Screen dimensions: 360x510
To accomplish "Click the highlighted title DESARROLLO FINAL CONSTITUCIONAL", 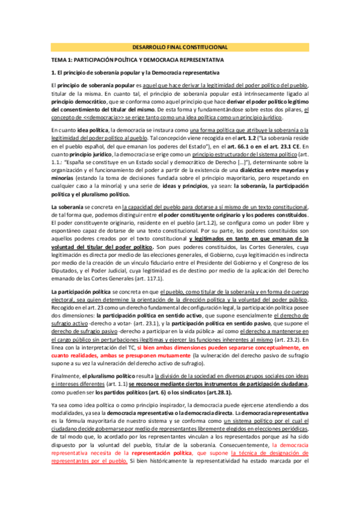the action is (180, 46).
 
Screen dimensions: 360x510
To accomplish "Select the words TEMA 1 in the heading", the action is (61, 60).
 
